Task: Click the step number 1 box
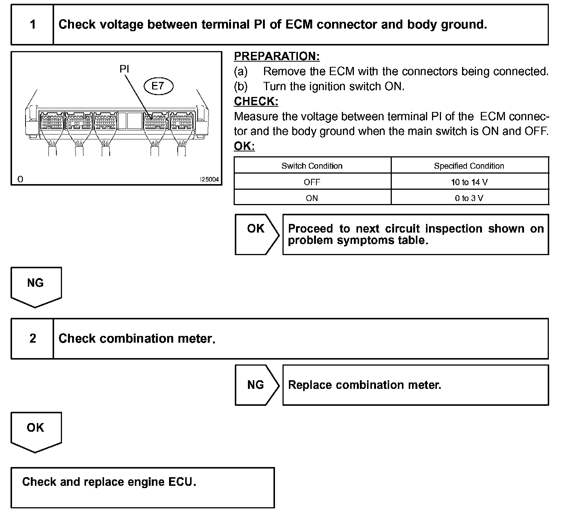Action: [33, 25]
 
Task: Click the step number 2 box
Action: [33, 339]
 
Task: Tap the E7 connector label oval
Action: [158, 86]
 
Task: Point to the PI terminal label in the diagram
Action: [124, 69]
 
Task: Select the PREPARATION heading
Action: [276, 56]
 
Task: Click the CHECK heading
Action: [256, 101]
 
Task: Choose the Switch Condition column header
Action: [312, 166]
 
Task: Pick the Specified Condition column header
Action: [469, 166]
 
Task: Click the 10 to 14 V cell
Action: [469, 182]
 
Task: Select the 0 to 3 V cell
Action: [469, 198]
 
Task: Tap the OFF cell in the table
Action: [312, 182]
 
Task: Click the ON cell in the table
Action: [312, 198]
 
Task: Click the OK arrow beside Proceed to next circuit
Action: [257, 234]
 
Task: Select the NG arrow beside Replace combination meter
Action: [257, 385]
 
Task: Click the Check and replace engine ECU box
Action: [142, 487]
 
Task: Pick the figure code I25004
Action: [209, 180]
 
